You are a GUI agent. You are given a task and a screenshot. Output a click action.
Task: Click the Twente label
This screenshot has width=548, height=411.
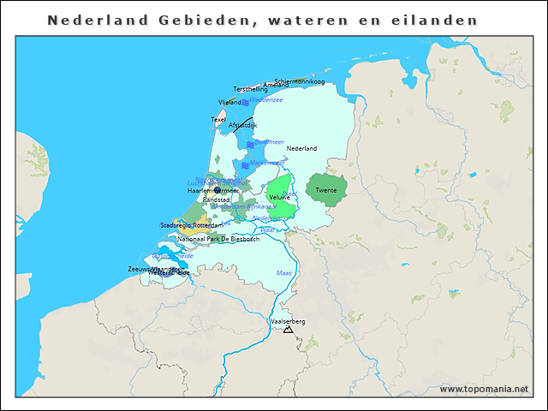325,190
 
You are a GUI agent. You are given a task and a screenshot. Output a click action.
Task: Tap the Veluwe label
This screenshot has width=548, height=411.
279,197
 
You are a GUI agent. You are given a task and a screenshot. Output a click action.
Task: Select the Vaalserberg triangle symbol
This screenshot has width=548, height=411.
288,329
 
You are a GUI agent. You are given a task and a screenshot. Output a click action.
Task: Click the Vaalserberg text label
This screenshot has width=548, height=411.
288,321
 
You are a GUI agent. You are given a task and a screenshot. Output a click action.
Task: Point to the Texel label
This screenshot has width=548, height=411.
218,119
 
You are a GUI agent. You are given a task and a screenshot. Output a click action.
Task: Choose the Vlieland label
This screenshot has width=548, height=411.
229,102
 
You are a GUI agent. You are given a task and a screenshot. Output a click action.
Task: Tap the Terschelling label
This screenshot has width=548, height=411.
251,89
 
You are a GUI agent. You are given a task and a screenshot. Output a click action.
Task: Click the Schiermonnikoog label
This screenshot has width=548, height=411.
300,81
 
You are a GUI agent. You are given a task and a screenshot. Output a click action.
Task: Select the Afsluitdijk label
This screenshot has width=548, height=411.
243,125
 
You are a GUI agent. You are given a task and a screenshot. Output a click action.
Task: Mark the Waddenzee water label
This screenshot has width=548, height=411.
265,99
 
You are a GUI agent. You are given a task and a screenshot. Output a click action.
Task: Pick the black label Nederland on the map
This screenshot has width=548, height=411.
301,148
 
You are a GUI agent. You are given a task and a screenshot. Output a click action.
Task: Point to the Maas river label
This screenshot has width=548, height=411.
283,272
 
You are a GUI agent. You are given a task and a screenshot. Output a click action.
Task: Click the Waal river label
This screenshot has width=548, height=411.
266,229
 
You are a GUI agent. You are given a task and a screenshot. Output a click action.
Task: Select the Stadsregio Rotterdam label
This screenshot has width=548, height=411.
192,224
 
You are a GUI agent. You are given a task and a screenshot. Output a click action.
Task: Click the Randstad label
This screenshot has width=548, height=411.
216,199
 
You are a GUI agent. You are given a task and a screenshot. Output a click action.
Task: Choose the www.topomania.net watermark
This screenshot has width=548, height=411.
484,389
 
